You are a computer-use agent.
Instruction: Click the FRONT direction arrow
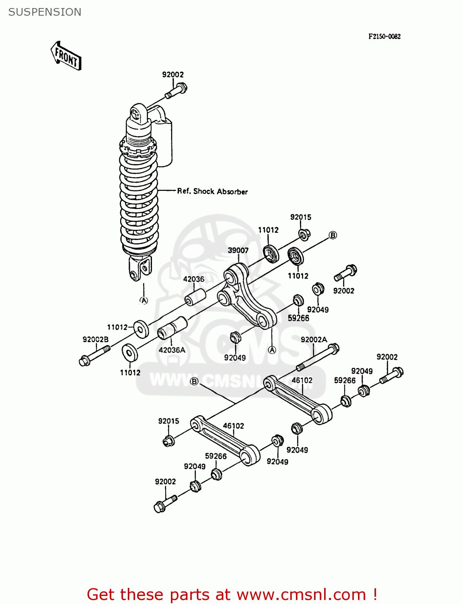click(66, 56)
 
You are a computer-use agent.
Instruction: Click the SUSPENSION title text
click(45, 12)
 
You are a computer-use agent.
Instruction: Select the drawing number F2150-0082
click(384, 36)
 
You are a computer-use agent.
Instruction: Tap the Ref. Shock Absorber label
click(212, 191)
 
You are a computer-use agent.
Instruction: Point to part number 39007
click(238, 250)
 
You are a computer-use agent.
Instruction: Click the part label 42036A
click(172, 350)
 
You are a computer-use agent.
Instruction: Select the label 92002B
click(96, 339)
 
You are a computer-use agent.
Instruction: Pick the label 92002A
click(314, 339)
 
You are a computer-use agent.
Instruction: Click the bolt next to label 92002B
click(94, 356)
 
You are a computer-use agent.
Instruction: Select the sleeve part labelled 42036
click(196, 297)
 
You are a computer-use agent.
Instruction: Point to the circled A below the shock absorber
click(144, 300)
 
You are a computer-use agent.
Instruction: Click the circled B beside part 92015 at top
click(333, 235)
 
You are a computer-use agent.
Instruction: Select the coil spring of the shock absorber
click(139, 201)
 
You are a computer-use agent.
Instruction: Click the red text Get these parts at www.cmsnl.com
click(232, 594)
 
